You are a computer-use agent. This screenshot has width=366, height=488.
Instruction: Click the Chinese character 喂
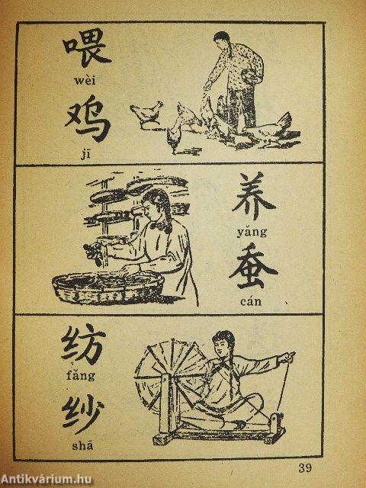pyautogui.click(x=87, y=47)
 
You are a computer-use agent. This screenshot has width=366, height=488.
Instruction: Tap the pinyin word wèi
pyautogui.click(x=85, y=81)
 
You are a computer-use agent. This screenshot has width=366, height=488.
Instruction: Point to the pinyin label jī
pyautogui.click(x=85, y=154)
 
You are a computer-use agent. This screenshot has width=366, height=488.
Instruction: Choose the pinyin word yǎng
pyautogui.click(x=252, y=233)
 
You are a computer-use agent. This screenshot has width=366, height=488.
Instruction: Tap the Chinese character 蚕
pyautogui.click(x=253, y=266)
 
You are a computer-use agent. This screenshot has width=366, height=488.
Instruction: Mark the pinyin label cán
pyautogui.click(x=251, y=301)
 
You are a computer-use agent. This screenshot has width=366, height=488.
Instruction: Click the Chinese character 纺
pyautogui.click(x=84, y=344)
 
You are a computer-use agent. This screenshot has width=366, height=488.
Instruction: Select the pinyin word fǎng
pyautogui.click(x=81, y=375)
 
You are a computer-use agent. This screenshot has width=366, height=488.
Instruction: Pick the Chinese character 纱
pyautogui.click(x=83, y=413)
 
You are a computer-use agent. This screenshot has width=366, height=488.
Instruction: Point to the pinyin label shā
pyautogui.click(x=82, y=446)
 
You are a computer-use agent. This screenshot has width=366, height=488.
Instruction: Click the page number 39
pyautogui.click(x=305, y=467)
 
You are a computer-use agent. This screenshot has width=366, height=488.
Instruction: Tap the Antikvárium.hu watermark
pyautogui.click(x=46, y=480)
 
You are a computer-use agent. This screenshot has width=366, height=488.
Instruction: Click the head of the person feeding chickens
pyautogui.click(x=222, y=40)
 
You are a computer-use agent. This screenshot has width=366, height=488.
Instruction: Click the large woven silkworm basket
pyautogui.click(x=108, y=287)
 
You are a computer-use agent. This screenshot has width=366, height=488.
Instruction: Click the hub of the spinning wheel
pyautogui.click(x=172, y=377)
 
